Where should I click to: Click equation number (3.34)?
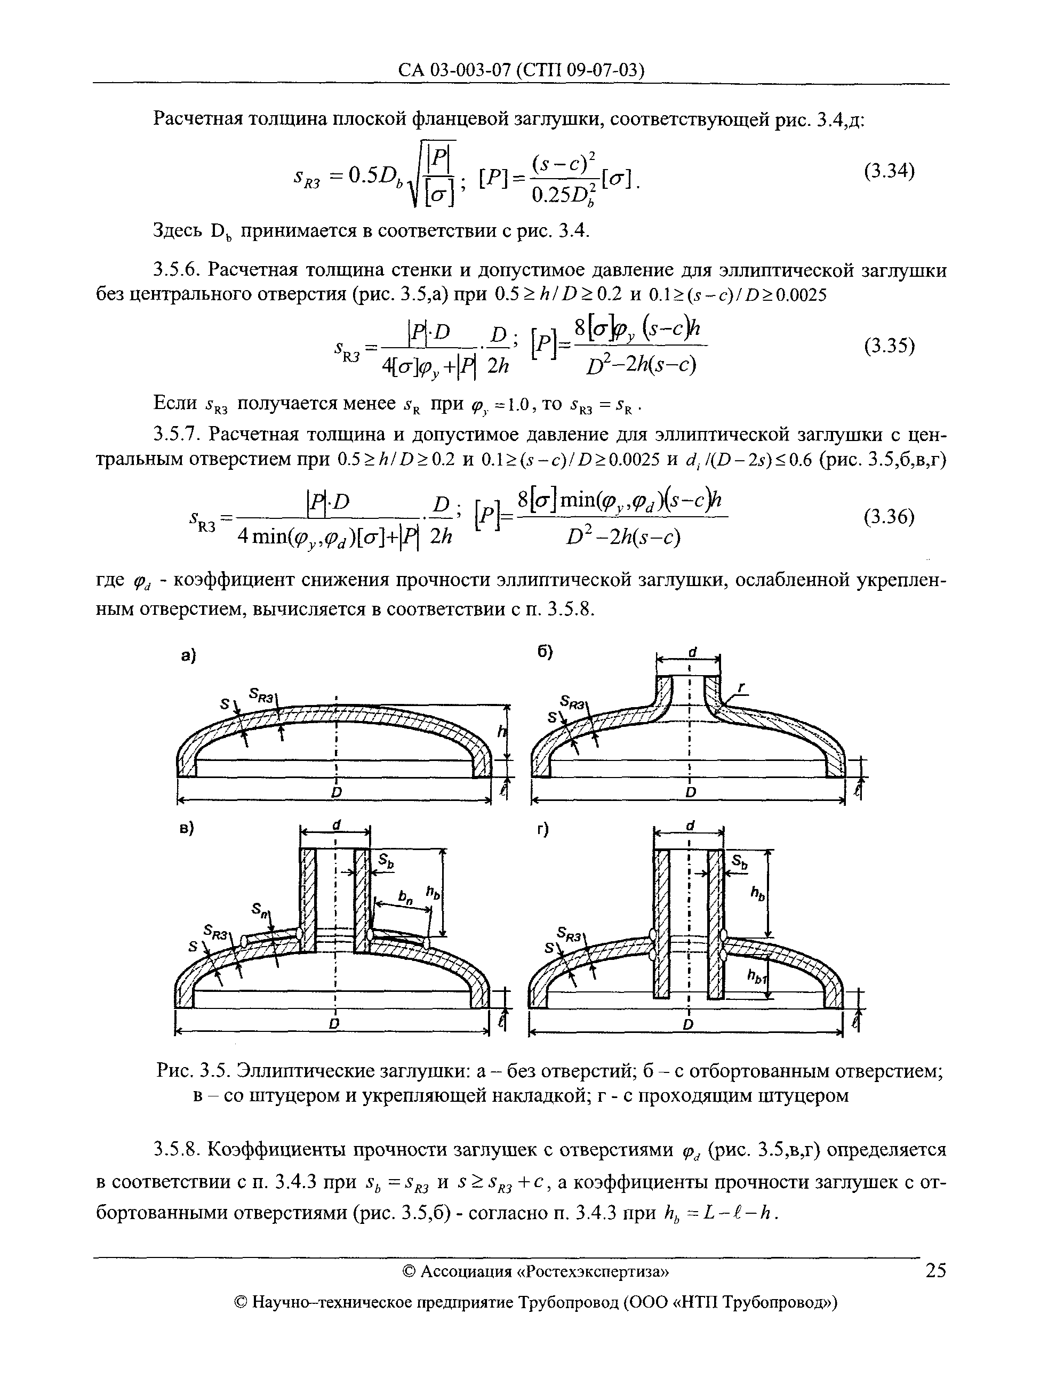pos(889,171)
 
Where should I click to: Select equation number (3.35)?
pos(889,346)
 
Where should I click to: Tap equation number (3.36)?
pos(889,517)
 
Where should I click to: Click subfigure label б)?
pos(545,653)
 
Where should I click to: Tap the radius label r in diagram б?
pos(741,688)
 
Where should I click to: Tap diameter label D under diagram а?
pos(337,792)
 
